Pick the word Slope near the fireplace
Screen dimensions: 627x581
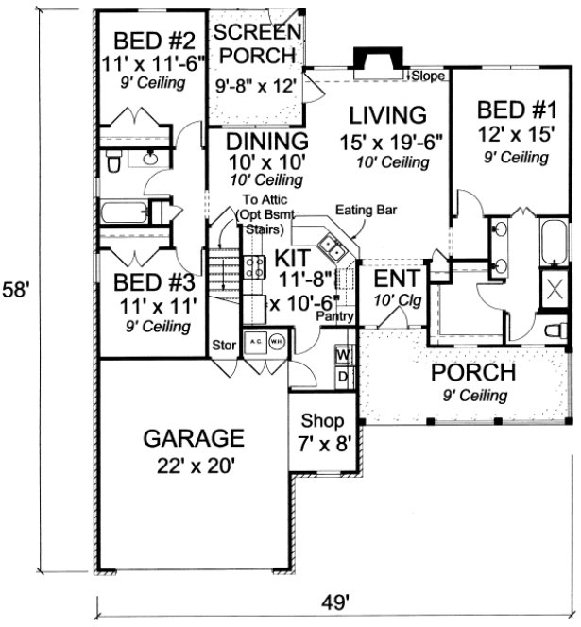[424, 74]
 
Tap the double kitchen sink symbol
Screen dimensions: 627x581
[330, 247]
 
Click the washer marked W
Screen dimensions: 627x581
[343, 355]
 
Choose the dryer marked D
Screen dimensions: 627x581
[343, 377]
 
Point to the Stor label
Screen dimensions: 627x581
[224, 344]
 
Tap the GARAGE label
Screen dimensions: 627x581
[194, 438]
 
